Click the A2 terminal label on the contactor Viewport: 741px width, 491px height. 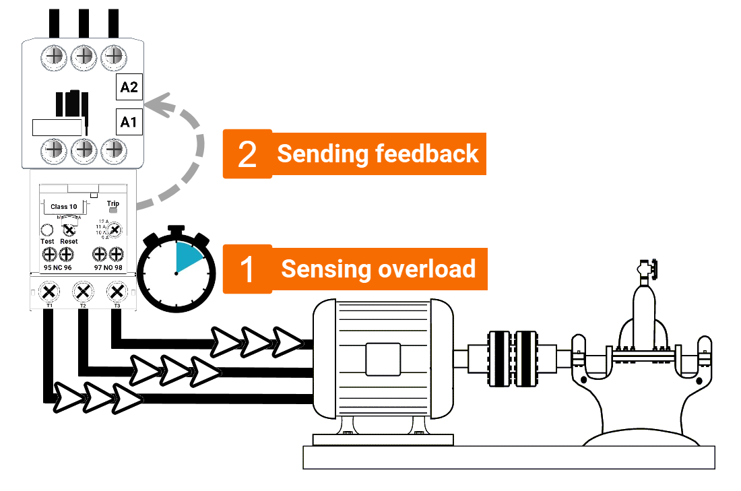[x=129, y=87]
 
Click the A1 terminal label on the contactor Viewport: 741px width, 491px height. [x=129, y=122]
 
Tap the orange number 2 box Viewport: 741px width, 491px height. [x=247, y=154]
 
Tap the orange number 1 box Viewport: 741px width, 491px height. [x=247, y=269]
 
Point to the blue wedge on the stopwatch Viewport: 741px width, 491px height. [x=188, y=257]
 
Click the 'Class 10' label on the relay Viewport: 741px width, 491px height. [x=64, y=206]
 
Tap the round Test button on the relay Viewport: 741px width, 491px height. [x=47, y=230]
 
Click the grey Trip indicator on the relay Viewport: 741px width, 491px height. [x=113, y=211]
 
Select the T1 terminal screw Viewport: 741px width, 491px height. [x=49, y=292]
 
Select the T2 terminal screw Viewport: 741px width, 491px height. [x=82, y=292]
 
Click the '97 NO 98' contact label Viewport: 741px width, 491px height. [x=108, y=267]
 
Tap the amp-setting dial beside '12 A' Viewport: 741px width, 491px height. [x=115, y=230]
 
